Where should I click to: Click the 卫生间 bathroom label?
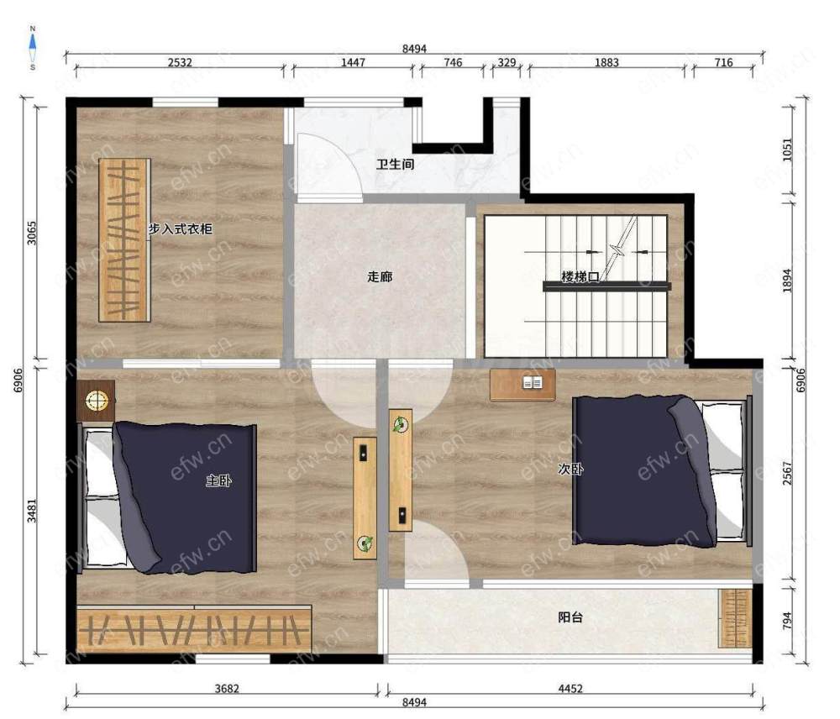[x=395, y=164]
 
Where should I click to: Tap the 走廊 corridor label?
[x=380, y=276]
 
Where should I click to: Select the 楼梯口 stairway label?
[x=580, y=277]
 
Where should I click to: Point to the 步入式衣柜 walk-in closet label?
[x=181, y=229]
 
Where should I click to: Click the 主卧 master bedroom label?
[x=218, y=480]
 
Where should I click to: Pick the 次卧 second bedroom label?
[x=570, y=469]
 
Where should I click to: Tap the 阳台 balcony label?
[x=570, y=617]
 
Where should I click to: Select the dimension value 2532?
[x=180, y=62]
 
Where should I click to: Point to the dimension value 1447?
[x=353, y=62]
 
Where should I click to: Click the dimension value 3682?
[x=227, y=689]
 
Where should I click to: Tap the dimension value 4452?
[x=570, y=689]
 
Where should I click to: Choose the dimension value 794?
[x=787, y=621]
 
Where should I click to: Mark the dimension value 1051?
[x=787, y=150]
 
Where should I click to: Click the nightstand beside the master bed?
[x=96, y=400]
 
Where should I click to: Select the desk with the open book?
[x=522, y=385]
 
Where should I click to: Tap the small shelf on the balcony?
[x=735, y=618]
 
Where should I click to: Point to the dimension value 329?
[x=507, y=62]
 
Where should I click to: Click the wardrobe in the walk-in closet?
[x=124, y=240]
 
